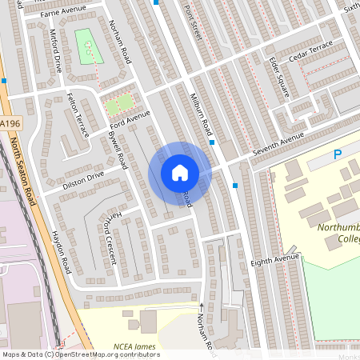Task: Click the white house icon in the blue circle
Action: pyautogui.click(x=180, y=173)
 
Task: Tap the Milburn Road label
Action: pyautogui.click(x=199, y=116)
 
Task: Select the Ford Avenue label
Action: pyautogui.click(x=130, y=119)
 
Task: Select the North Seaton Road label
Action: pyautogui.click(x=24, y=171)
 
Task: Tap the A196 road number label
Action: pyautogui.click(x=10, y=122)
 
